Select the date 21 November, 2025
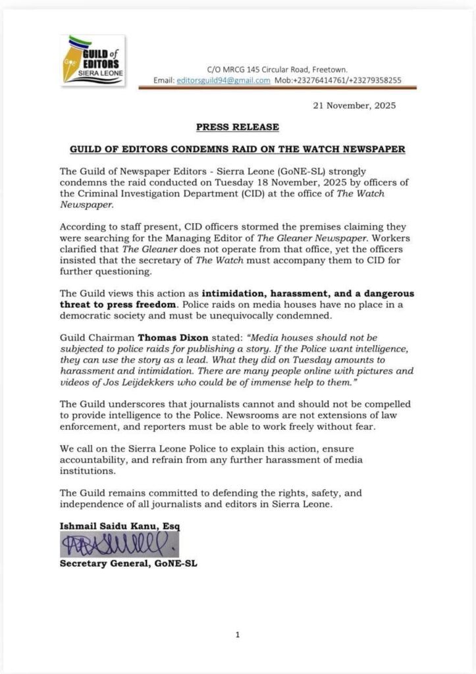354,105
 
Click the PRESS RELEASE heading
237,127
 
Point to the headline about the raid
237,149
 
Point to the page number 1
237,635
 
